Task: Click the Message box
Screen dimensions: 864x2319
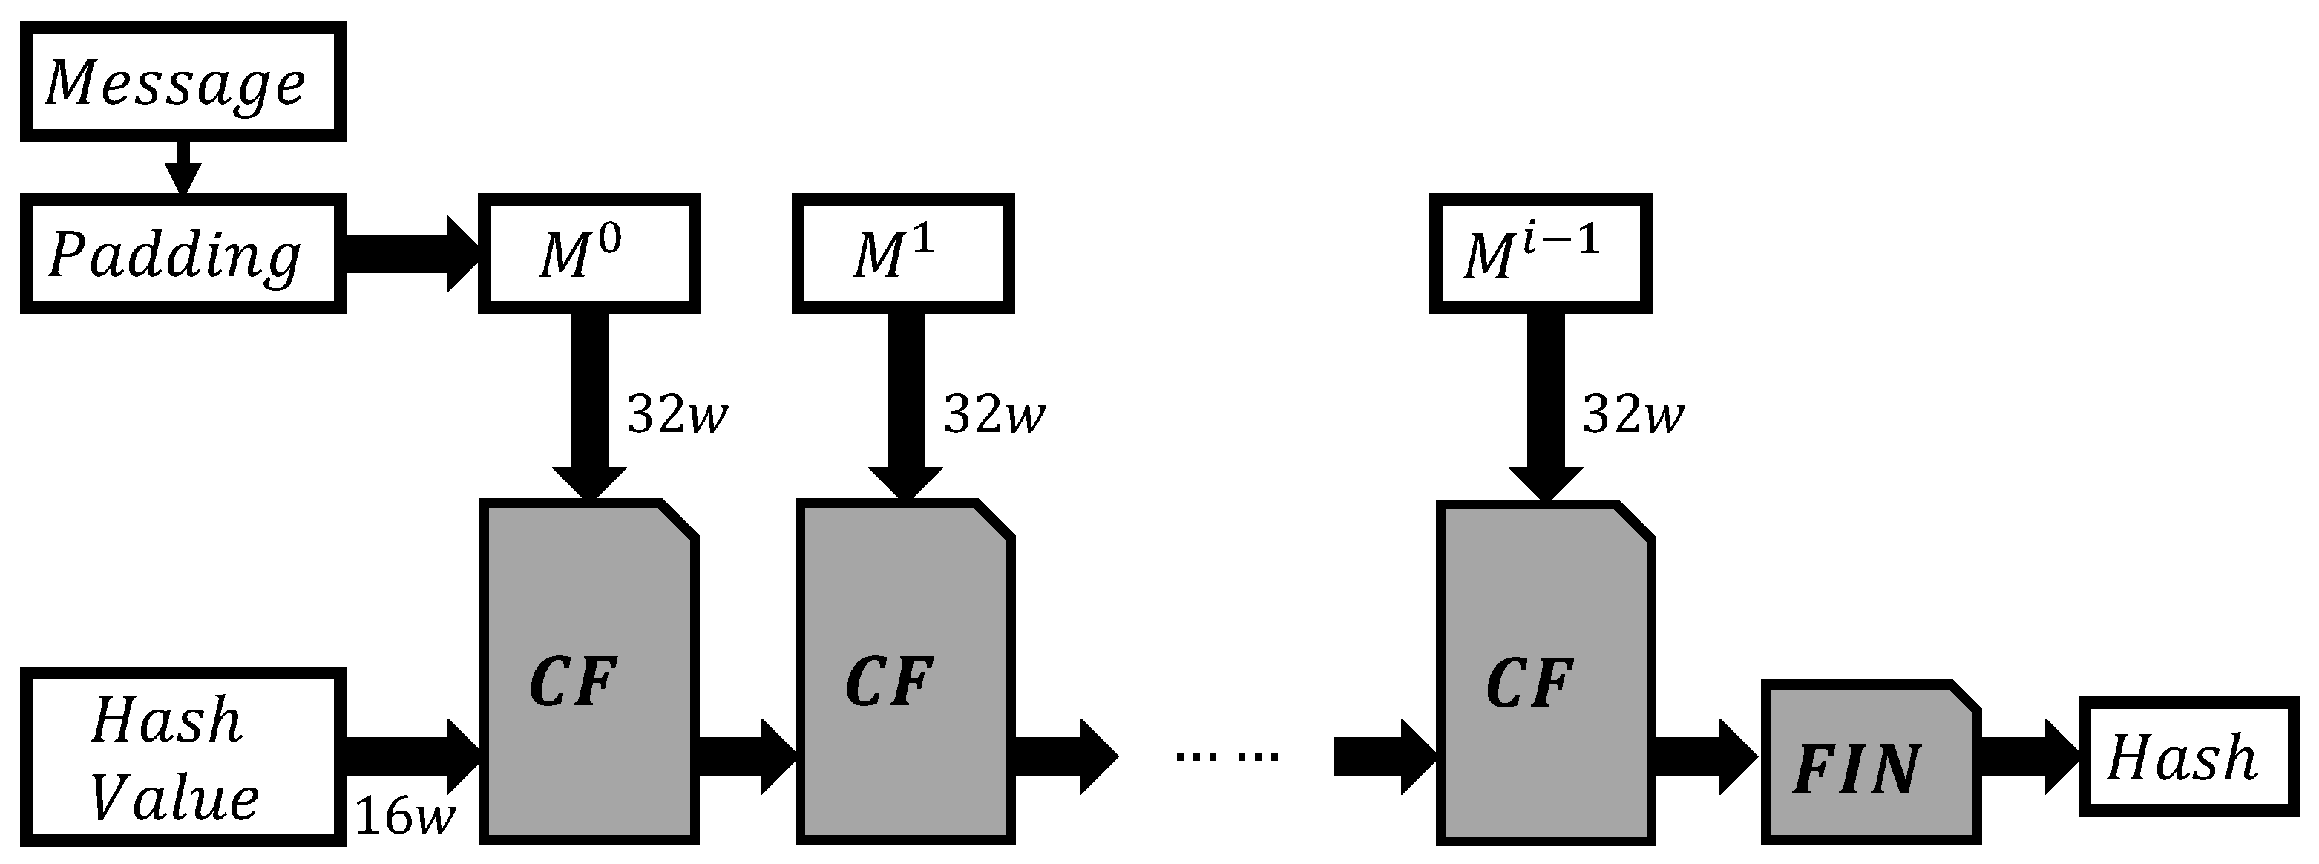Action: (183, 82)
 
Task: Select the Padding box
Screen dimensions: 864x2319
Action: (183, 254)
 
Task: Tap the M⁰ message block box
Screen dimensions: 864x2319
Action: (588, 254)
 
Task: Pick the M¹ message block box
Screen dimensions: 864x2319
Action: (903, 254)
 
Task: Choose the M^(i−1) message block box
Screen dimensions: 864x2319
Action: (1541, 254)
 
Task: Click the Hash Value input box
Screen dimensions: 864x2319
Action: (183, 757)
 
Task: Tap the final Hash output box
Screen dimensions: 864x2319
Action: (2188, 757)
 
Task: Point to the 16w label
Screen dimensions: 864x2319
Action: (405, 816)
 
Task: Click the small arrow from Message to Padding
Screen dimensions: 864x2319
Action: (183, 168)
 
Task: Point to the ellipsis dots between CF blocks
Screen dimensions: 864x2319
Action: (1226, 756)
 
